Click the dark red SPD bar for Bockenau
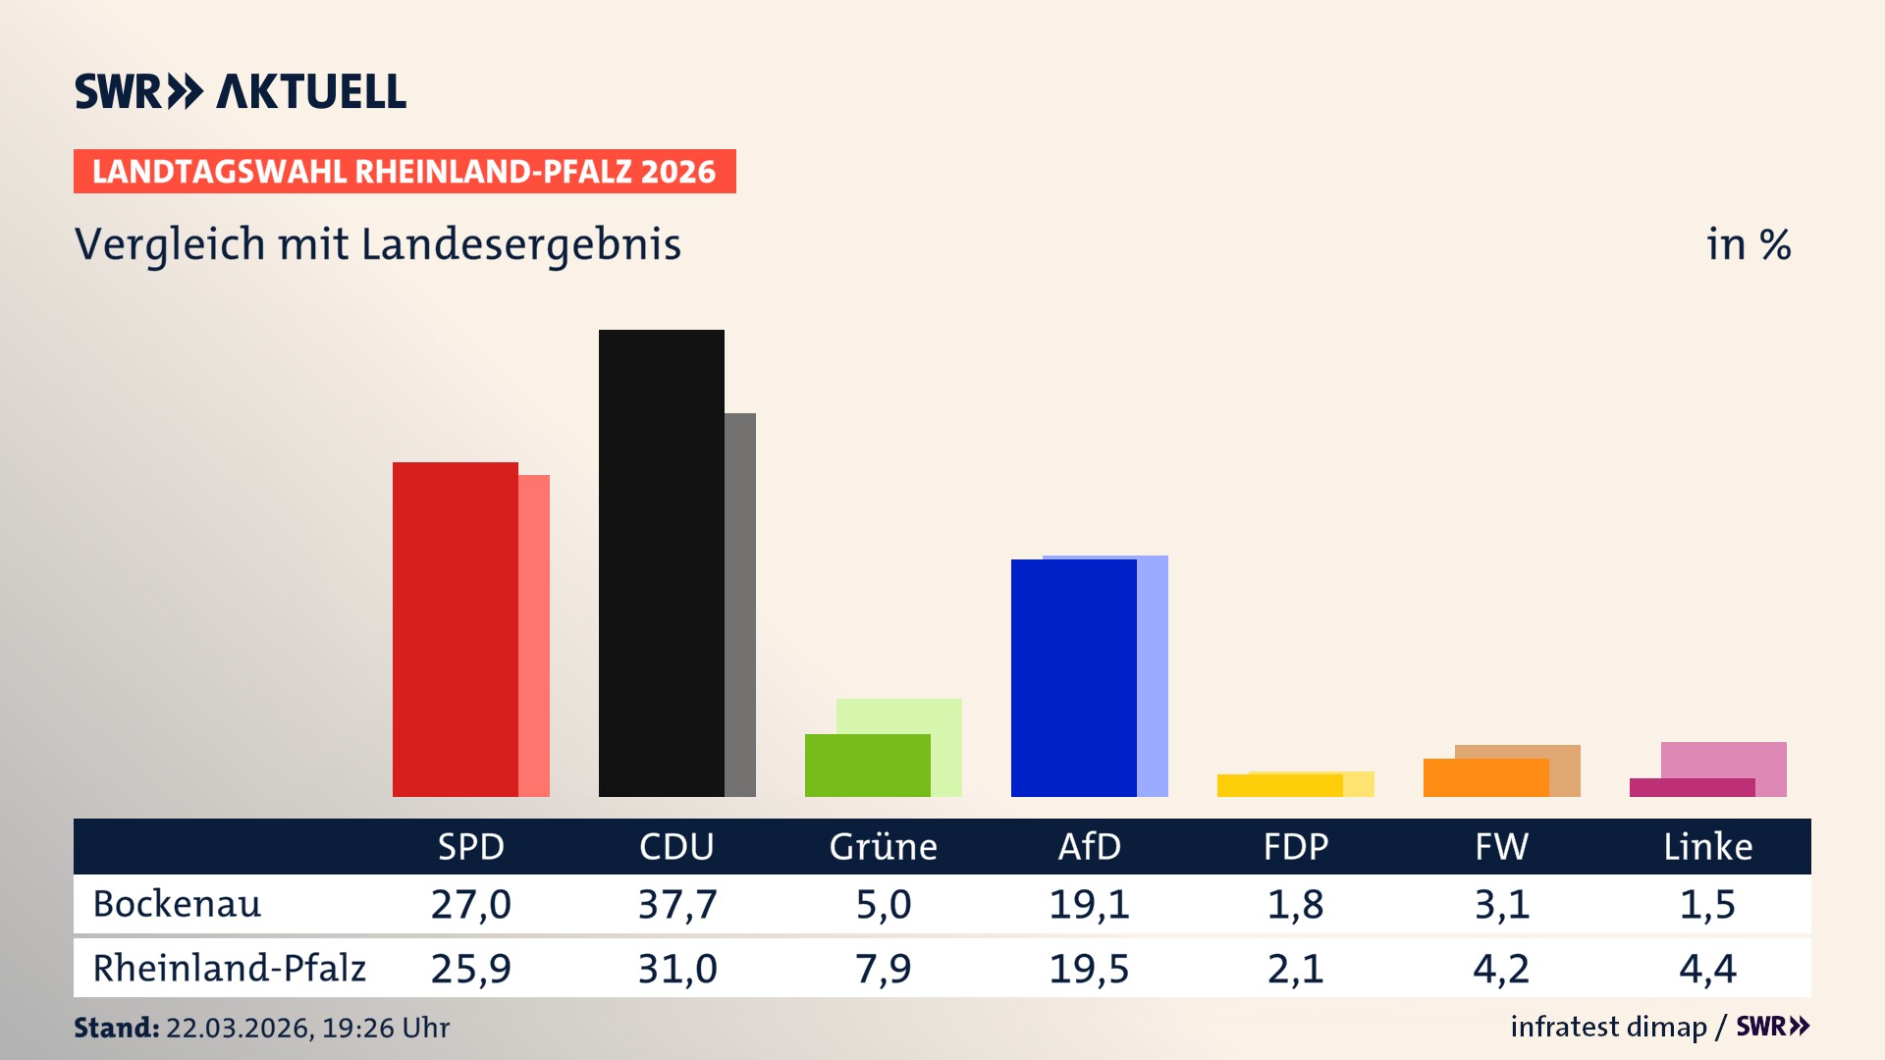(455, 628)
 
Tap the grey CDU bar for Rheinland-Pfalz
(740, 604)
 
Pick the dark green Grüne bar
(867, 766)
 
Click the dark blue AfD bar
(1073, 677)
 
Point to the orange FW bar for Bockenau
(1485, 777)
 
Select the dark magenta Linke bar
(1692, 787)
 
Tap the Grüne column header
(883, 846)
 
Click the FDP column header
(1295, 846)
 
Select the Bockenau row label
(177, 904)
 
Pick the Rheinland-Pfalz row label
(229, 969)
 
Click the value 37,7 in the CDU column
(676, 904)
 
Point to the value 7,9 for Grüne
(883, 969)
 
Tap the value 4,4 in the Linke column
(1707, 969)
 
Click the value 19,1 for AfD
(1089, 904)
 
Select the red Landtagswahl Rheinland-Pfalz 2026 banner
(404, 171)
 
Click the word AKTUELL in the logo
(310, 91)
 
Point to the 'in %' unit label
(1748, 244)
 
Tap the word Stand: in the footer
(116, 1028)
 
